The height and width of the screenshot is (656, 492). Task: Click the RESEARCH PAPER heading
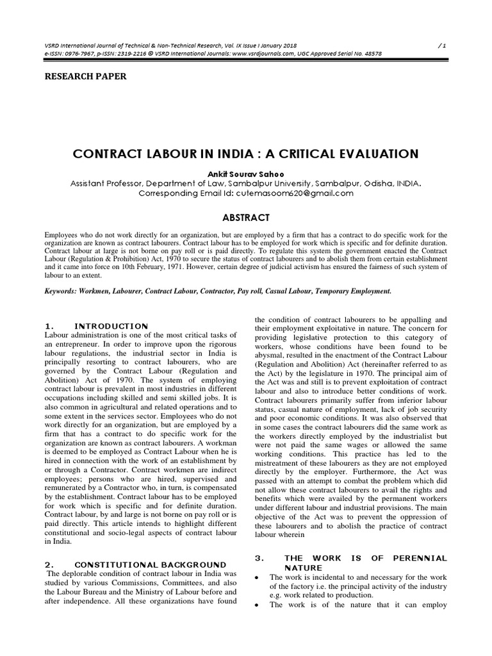pyautogui.click(x=85, y=76)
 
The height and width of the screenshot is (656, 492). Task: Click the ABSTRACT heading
pyautogui.click(x=245, y=218)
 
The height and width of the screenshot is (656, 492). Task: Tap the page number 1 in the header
pyautogui.click(x=444, y=45)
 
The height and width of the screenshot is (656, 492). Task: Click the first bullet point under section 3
pyautogui.click(x=257, y=577)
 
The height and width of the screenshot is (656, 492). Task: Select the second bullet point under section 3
pyautogui.click(x=257, y=605)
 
